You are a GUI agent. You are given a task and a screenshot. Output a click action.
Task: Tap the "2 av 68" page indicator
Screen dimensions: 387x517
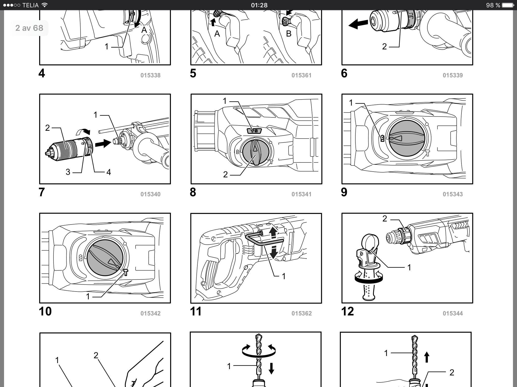29,28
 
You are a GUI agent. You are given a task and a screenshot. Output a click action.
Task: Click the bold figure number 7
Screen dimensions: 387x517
42,192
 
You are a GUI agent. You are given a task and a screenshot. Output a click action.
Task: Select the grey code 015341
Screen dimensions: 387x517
301,194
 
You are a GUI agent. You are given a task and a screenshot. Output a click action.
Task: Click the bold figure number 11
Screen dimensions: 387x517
196,311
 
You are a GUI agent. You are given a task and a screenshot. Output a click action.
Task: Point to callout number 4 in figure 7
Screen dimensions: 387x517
109,172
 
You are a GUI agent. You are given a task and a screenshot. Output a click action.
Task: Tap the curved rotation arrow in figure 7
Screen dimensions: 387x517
83,131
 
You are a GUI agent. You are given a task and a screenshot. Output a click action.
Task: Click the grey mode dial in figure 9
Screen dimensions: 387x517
407,138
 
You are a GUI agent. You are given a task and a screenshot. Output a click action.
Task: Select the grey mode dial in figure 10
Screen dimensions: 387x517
105,258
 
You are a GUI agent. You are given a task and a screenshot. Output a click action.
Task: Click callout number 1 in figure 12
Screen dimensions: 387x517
409,267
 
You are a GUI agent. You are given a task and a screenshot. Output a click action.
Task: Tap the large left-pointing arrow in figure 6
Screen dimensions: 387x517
358,24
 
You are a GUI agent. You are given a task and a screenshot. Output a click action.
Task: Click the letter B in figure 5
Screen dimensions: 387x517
289,34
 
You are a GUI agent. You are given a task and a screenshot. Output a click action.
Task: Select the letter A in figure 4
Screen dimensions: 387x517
144,30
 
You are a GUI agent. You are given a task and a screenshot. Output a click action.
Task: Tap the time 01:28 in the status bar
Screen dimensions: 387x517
259,5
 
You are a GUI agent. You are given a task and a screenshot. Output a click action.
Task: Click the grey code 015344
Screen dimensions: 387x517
453,313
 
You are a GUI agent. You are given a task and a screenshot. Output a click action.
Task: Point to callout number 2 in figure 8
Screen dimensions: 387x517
225,174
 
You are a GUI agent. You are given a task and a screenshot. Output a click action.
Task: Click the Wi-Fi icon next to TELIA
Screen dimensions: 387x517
44,5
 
